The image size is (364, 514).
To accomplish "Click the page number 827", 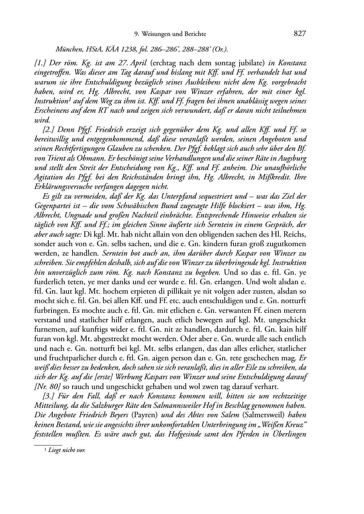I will pyautogui.click(x=300, y=34).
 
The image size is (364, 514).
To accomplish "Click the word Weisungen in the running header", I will pyautogui.click(x=157, y=34).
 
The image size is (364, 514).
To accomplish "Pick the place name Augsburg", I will pyautogui.click(x=291, y=158).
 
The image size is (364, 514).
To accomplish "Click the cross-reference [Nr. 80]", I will pyautogui.click(x=46, y=386).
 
